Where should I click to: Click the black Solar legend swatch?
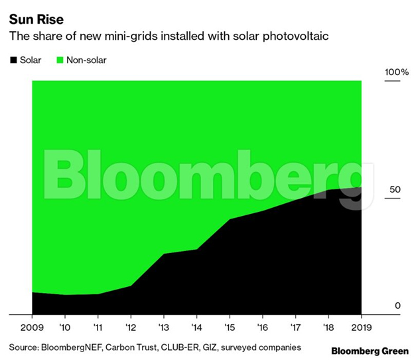[13, 60]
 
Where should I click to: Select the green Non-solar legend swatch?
[59, 60]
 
